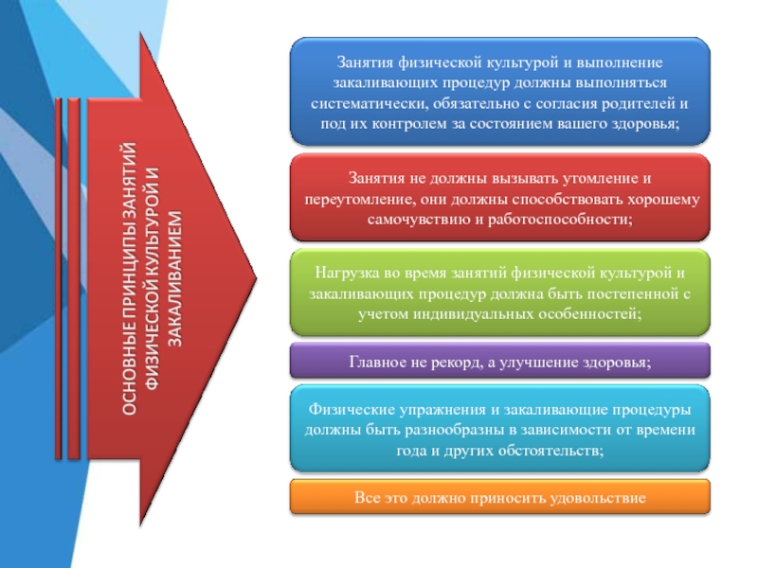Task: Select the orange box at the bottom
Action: pos(498,497)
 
